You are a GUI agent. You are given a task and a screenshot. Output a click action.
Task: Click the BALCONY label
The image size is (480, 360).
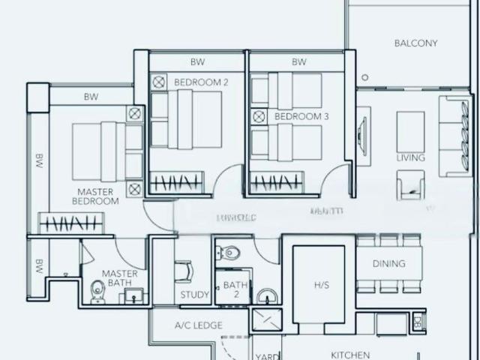pos(415,43)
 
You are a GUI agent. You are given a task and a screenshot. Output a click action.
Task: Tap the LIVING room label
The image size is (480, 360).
pos(411,158)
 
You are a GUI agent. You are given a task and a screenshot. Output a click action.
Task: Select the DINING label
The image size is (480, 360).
pos(388,264)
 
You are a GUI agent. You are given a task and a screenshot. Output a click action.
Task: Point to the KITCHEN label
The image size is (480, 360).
pos(350,355)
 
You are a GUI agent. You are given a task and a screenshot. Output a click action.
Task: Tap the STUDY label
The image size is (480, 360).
pos(195,295)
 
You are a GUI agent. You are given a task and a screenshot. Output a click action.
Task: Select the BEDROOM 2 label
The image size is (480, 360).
pos(201,82)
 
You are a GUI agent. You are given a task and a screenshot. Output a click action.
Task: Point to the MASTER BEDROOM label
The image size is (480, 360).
pos(96,196)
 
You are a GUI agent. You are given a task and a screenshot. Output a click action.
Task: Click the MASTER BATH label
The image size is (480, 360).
pos(120,278)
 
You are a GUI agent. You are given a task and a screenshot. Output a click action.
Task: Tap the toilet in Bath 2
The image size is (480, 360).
pos(229,253)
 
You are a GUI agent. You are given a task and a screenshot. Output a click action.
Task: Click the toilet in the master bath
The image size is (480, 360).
pos(97,292)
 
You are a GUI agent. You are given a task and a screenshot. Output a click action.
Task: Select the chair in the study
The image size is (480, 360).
pos(184,271)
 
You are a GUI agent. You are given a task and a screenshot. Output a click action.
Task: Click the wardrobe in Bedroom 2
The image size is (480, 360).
pos(176,182)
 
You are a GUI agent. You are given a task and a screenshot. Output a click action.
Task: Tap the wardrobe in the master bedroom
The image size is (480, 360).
pos(68,223)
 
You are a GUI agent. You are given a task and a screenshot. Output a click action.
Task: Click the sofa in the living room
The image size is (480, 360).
pos(454,136)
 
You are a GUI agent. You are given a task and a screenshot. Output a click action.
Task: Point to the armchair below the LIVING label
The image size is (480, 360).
pos(411,185)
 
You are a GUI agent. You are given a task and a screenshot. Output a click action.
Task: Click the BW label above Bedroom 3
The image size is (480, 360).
pos(299,62)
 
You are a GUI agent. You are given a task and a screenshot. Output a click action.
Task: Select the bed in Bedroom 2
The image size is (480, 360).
pos(187,119)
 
